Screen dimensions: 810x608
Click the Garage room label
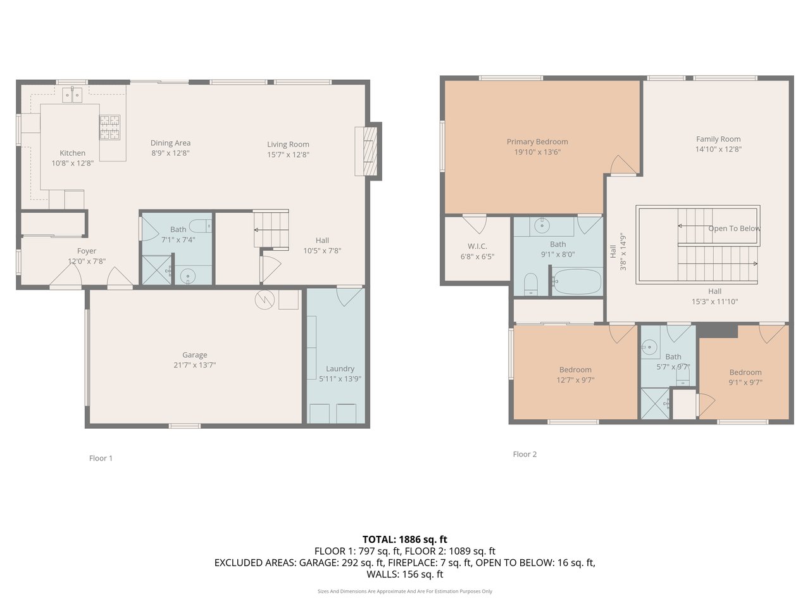click(x=194, y=355)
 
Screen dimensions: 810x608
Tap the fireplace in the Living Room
click(x=366, y=151)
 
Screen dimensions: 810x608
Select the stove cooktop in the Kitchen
click(x=109, y=127)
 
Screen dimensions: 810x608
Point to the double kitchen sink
click(x=72, y=95)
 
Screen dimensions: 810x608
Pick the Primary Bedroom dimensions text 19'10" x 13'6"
click(x=537, y=152)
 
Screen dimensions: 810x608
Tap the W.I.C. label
click(x=477, y=246)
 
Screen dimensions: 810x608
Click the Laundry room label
click(x=340, y=369)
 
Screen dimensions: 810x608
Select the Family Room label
click(x=718, y=139)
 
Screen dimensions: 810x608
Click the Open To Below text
click(x=734, y=229)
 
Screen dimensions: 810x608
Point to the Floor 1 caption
click(x=101, y=458)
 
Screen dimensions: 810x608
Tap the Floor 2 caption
click(x=525, y=454)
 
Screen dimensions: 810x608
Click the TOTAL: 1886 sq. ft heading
click(x=405, y=540)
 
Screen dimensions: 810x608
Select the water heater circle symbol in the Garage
click(x=265, y=300)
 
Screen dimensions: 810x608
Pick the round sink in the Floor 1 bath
click(x=188, y=275)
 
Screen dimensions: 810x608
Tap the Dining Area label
click(x=170, y=143)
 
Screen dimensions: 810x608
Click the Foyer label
click(x=87, y=251)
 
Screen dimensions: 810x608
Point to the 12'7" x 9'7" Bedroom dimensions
click(x=575, y=380)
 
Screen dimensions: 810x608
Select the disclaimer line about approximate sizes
click(x=405, y=592)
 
